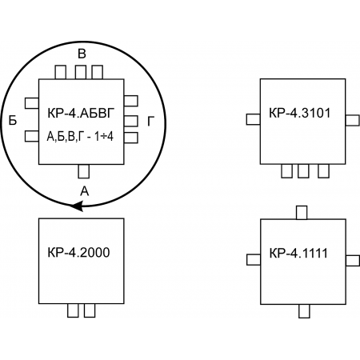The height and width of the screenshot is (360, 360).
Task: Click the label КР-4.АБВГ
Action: (81, 114)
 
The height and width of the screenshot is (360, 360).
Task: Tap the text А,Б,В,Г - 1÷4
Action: (80, 137)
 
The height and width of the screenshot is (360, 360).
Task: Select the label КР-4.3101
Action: (299, 113)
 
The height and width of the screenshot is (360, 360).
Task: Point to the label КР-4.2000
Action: (78, 253)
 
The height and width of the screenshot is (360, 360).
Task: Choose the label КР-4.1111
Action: (298, 253)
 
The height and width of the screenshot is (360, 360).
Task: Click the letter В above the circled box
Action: (82, 54)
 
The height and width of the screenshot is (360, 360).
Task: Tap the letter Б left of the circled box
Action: (13, 120)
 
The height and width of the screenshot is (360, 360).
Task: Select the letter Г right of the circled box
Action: (151, 122)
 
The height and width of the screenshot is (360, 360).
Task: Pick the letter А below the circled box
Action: (85, 191)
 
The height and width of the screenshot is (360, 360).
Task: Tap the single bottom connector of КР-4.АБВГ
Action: (84, 171)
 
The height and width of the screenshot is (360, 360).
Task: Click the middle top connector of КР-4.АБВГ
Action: (81, 72)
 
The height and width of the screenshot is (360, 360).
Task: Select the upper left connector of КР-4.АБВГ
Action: (32, 103)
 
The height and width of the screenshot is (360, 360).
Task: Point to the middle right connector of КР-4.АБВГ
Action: (131, 121)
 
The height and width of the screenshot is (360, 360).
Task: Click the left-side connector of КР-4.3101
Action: (254, 119)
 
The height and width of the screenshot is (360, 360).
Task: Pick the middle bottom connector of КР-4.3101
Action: (303, 171)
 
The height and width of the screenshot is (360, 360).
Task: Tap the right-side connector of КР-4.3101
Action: (353, 120)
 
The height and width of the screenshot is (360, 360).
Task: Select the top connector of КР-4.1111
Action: (302, 213)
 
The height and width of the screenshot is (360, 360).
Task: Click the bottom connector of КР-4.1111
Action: (304, 311)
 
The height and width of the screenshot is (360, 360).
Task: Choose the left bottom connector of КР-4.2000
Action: (73, 310)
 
